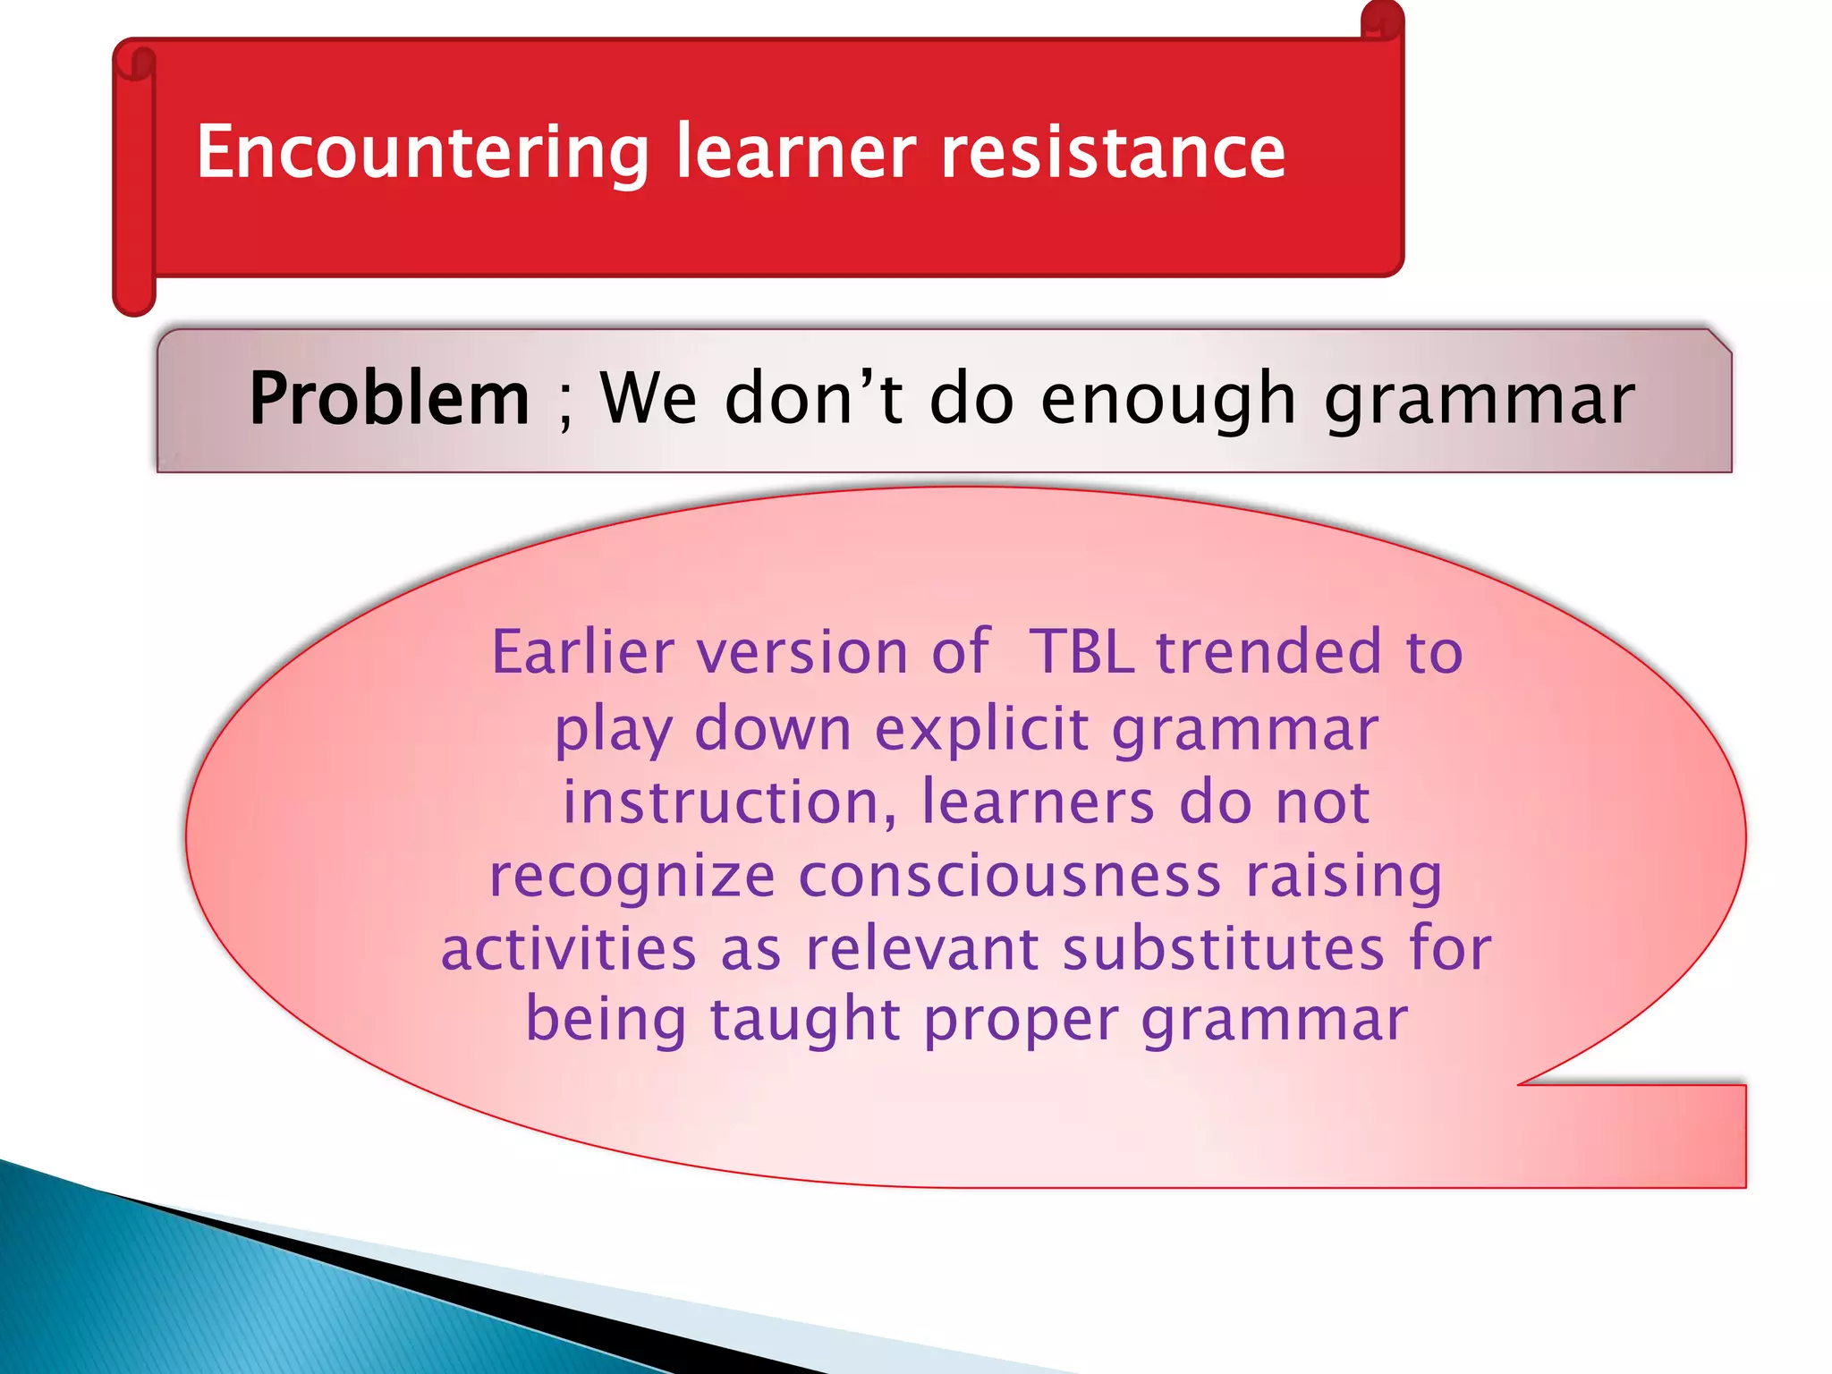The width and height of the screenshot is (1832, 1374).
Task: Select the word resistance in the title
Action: (1113, 152)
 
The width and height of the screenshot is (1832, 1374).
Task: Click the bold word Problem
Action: (389, 399)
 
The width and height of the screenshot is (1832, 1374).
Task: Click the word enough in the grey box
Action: (1167, 399)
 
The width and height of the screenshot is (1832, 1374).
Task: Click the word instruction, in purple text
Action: (729, 801)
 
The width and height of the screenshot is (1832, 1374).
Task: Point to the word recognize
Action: (632, 877)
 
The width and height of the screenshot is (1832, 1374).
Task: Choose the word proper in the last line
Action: (1021, 1022)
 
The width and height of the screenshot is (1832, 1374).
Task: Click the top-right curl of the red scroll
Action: (1382, 21)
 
